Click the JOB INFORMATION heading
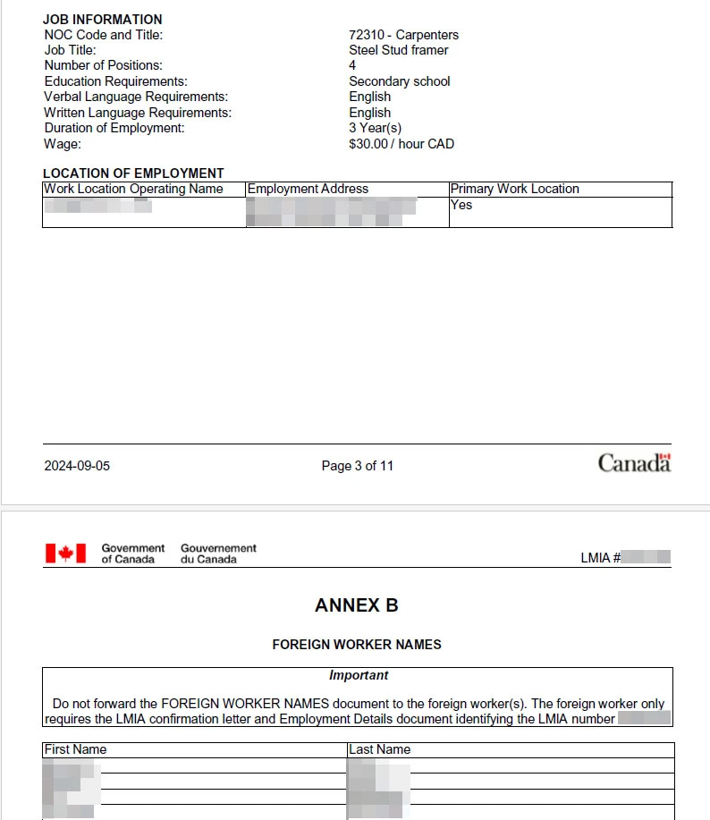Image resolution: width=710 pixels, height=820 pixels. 103,19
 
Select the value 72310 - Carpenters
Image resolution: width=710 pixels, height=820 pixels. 403,35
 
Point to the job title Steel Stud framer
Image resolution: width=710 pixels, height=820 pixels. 398,50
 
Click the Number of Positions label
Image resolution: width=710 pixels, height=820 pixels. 103,65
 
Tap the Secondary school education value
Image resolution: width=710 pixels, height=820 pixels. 399,81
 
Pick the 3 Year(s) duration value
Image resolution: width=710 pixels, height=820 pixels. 375,128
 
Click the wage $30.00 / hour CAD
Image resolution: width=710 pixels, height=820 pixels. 401,144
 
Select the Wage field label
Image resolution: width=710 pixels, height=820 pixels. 62,144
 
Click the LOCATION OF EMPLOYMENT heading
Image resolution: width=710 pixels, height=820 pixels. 133,173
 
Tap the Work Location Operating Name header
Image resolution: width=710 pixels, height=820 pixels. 133,189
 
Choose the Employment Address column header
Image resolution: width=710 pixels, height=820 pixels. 308,189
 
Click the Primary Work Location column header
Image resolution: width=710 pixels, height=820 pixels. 514,189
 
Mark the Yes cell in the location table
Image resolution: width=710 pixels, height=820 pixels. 461,205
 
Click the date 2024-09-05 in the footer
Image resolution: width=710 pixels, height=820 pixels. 77,466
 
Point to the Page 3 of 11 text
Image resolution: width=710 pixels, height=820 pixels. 357,466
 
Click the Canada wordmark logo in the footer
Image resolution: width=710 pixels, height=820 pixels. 634,463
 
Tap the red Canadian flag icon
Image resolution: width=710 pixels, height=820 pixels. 65,554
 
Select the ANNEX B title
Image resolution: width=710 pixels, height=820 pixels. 356,605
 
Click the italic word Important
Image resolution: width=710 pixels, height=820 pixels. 358,675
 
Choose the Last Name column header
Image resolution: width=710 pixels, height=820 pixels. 380,749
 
